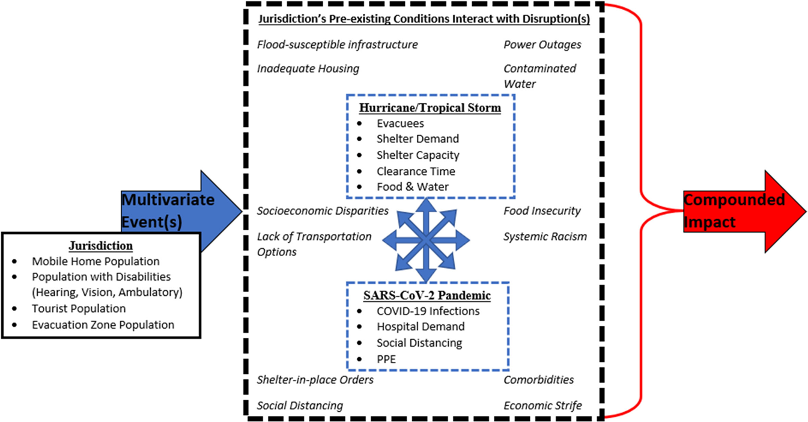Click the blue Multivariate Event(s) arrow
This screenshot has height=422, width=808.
click(174, 210)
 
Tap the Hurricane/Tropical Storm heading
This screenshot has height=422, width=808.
click(430, 108)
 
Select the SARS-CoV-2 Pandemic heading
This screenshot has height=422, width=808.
click(427, 295)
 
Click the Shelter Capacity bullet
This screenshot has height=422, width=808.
click(418, 155)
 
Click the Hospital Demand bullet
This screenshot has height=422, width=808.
click(420, 327)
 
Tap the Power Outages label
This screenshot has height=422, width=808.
click(542, 45)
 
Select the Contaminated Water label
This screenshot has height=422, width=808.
click(539, 76)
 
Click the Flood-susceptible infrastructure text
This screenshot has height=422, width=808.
click(337, 45)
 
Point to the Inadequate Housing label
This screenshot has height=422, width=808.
click(308, 69)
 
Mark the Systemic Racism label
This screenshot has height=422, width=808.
click(544, 236)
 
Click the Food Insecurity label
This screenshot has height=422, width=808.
click(542, 211)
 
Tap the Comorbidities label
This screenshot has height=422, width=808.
click(538, 380)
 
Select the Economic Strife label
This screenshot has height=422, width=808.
click(542, 406)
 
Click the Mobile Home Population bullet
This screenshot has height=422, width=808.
click(96, 261)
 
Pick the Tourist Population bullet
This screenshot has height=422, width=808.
click(79, 308)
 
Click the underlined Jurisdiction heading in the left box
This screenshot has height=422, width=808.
click(100, 246)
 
